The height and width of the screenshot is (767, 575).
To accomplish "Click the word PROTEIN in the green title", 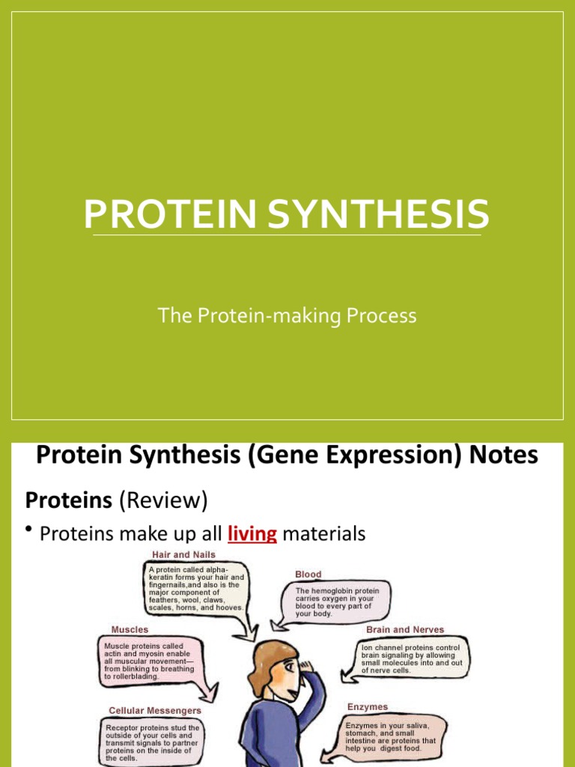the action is (x=170, y=213).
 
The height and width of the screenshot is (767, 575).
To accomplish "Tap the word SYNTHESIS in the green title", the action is (x=378, y=213).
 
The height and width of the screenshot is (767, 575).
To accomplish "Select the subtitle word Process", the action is (x=381, y=315).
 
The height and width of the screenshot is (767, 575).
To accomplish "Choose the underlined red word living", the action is (x=252, y=533).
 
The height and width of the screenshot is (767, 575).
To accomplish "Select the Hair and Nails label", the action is (x=183, y=555).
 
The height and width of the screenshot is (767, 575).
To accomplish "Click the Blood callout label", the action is (x=308, y=575).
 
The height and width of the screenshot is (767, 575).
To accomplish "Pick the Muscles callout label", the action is (x=130, y=629).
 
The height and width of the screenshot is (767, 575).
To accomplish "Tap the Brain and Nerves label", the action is (x=405, y=629).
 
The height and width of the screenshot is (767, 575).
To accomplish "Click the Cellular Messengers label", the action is (x=154, y=711).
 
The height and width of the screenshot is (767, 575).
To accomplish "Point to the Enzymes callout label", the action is (x=367, y=707).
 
